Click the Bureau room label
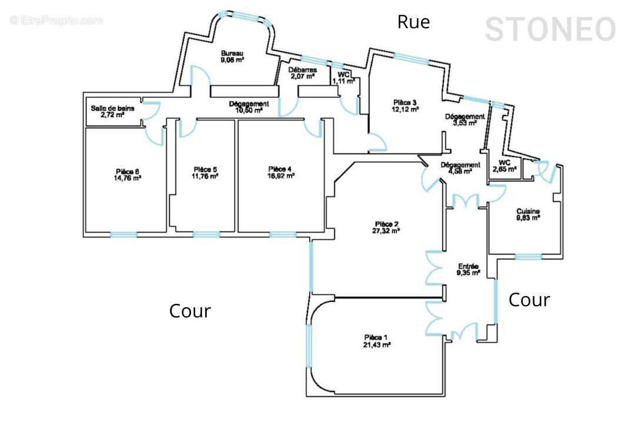(x=233, y=53)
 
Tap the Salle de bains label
(x=112, y=108)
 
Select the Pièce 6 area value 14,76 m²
(x=127, y=179)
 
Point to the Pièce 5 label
(x=205, y=168)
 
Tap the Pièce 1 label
(x=377, y=337)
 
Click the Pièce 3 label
(x=405, y=102)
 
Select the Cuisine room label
(x=528, y=211)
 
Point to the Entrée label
(x=468, y=266)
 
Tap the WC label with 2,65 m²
(x=504, y=163)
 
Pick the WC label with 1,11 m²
(x=343, y=75)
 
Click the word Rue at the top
(x=413, y=22)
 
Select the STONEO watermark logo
(x=550, y=29)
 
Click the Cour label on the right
(x=529, y=300)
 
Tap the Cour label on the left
(x=190, y=311)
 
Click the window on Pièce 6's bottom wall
(x=123, y=234)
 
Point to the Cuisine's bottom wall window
(x=528, y=256)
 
